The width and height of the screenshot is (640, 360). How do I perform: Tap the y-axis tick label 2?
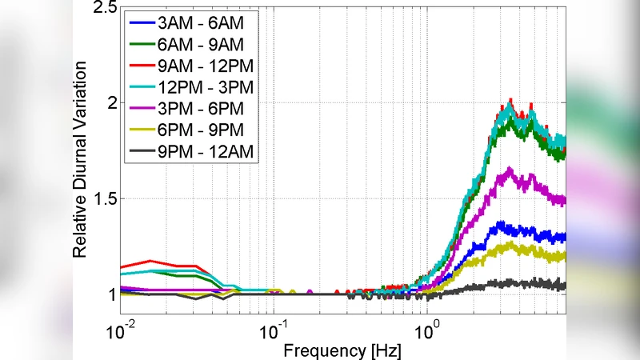110,103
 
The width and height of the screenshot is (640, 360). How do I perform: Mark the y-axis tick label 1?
110,294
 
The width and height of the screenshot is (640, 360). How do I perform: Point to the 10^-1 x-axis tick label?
274,330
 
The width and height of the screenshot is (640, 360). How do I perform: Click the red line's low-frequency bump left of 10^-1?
150,261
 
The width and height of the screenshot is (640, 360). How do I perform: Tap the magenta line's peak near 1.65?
507,170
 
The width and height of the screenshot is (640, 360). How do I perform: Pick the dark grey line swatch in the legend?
142,150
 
